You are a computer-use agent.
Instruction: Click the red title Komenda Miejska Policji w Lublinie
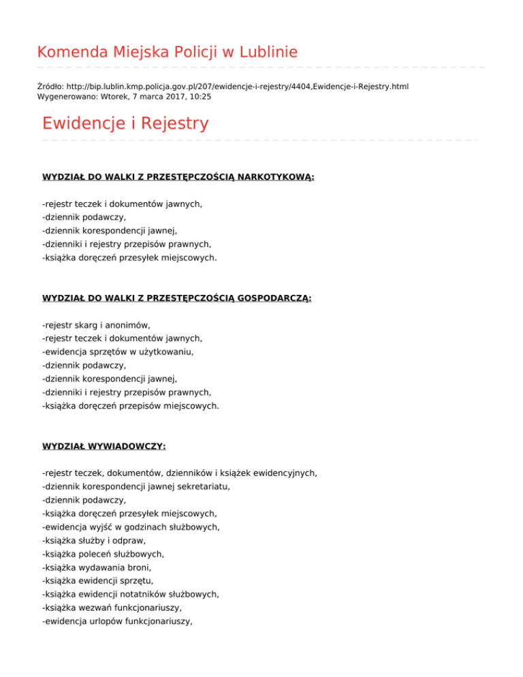coord(167,52)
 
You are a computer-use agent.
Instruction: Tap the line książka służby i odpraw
coord(99,540)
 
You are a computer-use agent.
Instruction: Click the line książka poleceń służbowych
coord(108,554)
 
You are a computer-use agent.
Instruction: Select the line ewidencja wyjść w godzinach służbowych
coord(130,527)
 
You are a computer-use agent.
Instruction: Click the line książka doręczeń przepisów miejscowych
coord(130,406)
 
